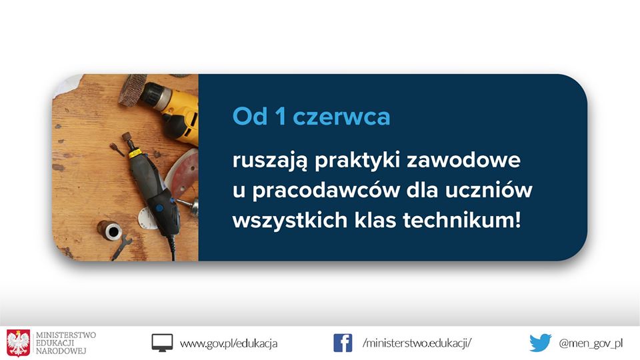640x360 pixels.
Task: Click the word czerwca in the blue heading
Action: tap(341, 117)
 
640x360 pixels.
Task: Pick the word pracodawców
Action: tap(325, 191)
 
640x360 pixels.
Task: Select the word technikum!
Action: tap(461, 221)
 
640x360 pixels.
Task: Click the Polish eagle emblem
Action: tap(18, 343)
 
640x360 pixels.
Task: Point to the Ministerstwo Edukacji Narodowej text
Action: tap(66, 343)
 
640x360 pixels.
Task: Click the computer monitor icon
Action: tap(162, 343)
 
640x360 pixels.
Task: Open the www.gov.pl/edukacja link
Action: tap(229, 343)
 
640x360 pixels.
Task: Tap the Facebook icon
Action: tap(343, 343)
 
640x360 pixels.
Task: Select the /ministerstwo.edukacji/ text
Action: tap(417, 343)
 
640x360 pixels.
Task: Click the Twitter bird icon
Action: tap(541, 343)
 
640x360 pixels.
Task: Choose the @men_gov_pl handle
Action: tap(591, 343)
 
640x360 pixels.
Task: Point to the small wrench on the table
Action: tap(121, 247)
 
